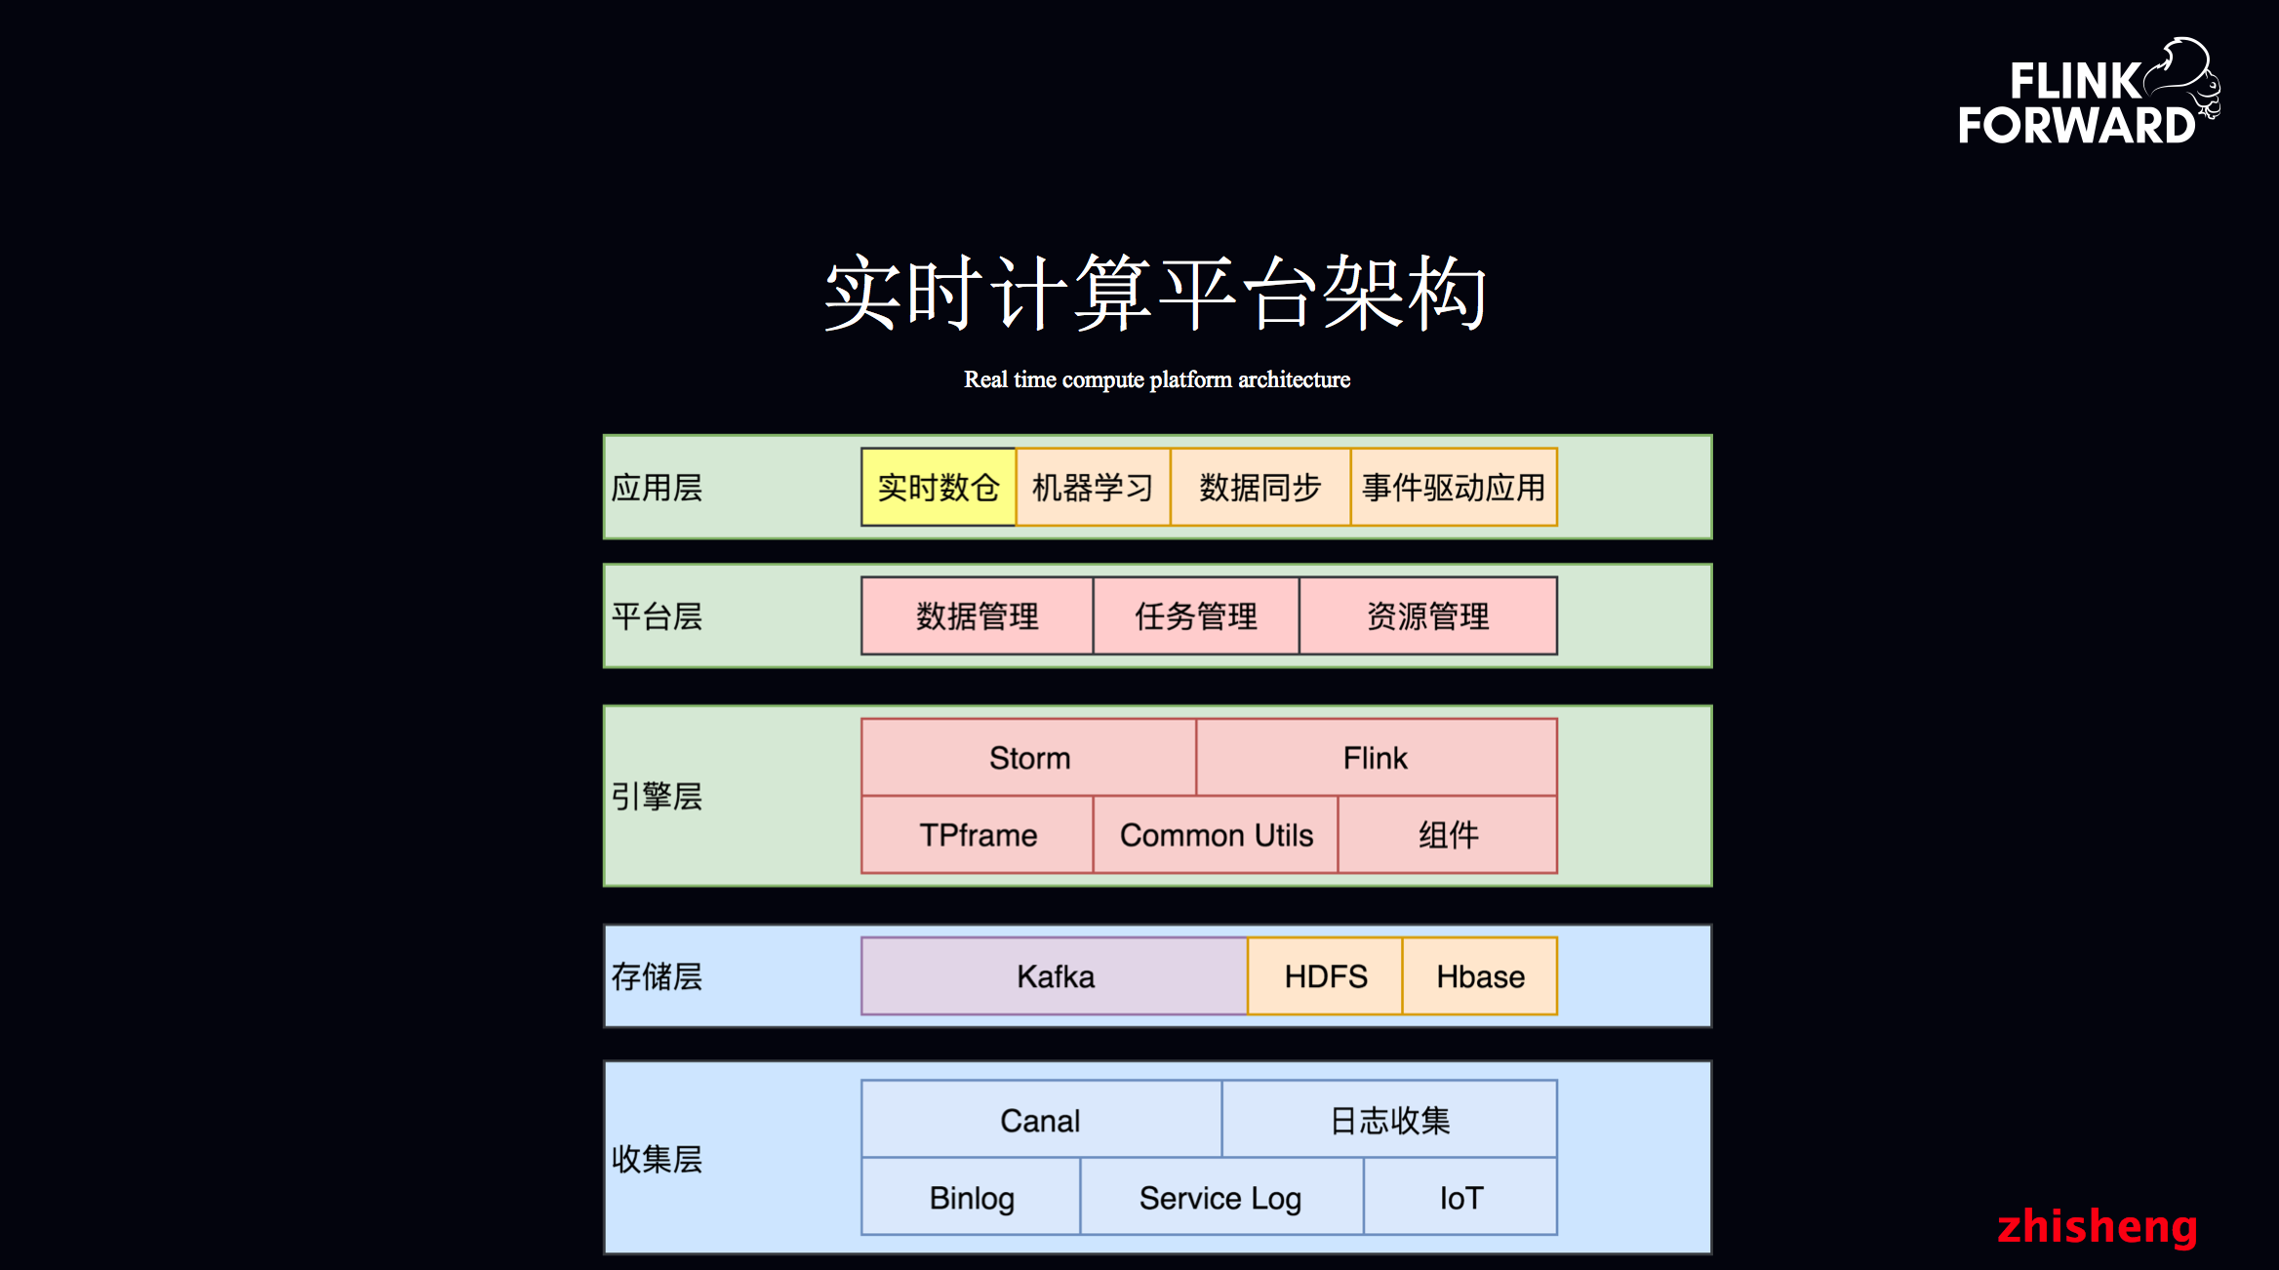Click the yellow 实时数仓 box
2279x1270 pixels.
(x=938, y=487)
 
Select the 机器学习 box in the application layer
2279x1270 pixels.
(x=1093, y=487)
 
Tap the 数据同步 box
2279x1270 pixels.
(x=1259, y=487)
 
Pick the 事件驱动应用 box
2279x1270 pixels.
(x=1453, y=487)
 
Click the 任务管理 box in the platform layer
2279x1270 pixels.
(x=1196, y=615)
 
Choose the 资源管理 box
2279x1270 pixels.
(x=1427, y=615)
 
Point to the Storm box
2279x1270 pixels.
(x=1029, y=758)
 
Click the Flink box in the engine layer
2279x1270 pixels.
(x=1376, y=758)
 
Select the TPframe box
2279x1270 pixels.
(x=978, y=835)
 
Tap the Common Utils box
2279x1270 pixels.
(x=1216, y=835)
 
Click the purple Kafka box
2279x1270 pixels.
(x=1055, y=976)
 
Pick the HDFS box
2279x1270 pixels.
(x=1325, y=976)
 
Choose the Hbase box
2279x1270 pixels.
(x=1479, y=976)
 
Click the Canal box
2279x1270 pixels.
(x=1040, y=1120)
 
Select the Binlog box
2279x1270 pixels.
(x=972, y=1197)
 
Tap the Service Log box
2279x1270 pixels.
(x=1220, y=1197)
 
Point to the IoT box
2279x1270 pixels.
(x=1460, y=1197)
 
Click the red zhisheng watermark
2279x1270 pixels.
(x=2097, y=1226)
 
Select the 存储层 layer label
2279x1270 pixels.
(x=657, y=976)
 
